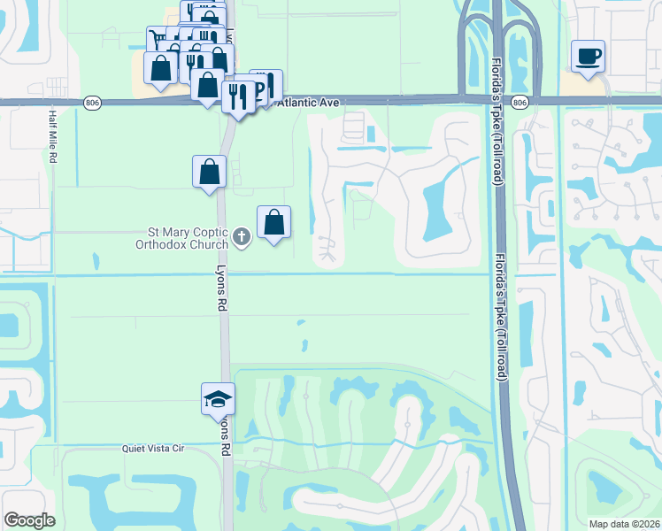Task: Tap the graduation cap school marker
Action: point(218,400)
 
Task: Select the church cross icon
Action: point(242,236)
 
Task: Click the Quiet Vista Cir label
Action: point(152,449)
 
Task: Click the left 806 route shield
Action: point(93,103)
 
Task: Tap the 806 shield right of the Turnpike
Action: point(520,103)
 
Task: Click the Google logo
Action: point(29,520)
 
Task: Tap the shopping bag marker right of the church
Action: point(274,221)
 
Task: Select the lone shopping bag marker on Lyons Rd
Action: point(209,171)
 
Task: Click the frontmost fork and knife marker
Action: point(237,95)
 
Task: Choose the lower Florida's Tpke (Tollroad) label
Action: point(500,314)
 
